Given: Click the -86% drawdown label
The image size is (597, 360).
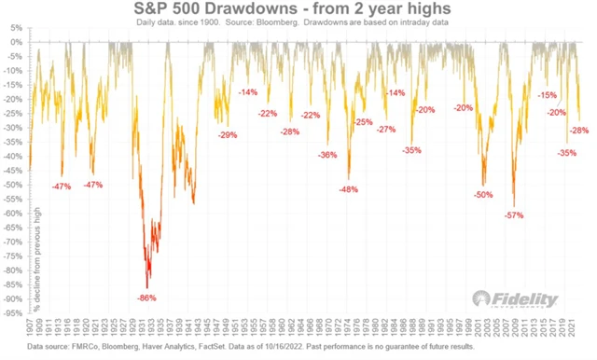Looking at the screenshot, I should point(146,298).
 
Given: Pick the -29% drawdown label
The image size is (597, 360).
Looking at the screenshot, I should point(227,135).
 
